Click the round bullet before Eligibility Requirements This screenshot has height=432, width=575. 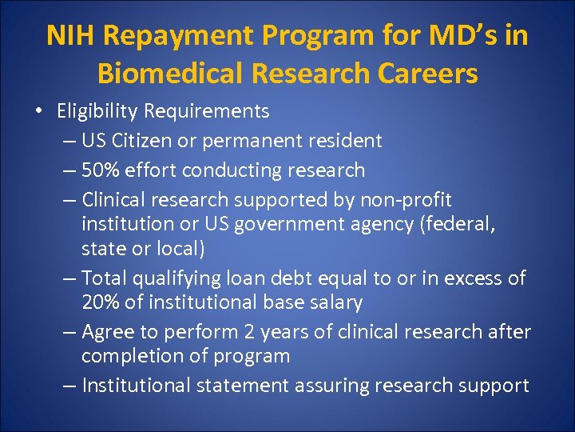[39, 110]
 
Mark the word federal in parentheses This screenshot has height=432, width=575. [460, 224]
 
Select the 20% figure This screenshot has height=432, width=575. [101, 303]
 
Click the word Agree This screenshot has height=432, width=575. [108, 331]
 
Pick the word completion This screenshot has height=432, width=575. [133, 356]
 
